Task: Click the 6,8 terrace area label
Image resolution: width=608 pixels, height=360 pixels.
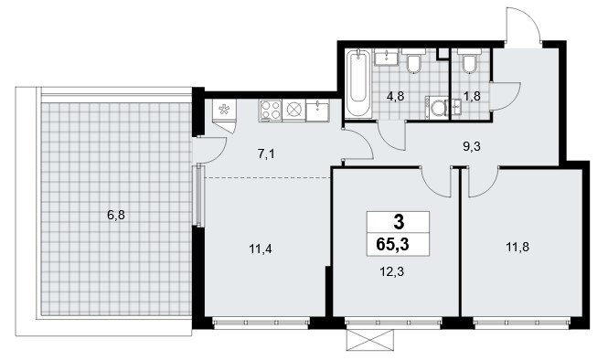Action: pyautogui.click(x=116, y=215)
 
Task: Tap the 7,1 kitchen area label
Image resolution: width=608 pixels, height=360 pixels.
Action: pyautogui.click(x=266, y=154)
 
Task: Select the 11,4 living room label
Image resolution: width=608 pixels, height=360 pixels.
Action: pyautogui.click(x=261, y=249)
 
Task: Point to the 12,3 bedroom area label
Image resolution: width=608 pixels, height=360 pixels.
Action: pyautogui.click(x=391, y=271)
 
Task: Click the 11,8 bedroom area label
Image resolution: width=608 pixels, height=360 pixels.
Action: pyautogui.click(x=517, y=247)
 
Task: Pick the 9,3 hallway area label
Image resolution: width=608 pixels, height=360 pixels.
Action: pyautogui.click(x=472, y=146)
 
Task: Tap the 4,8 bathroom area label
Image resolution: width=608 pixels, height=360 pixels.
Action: pyautogui.click(x=396, y=96)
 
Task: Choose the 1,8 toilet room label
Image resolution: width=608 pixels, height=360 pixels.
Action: pyautogui.click(x=472, y=96)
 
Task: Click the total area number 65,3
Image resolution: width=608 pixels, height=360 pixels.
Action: pyautogui.click(x=392, y=245)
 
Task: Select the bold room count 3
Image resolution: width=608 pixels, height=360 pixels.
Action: pyautogui.click(x=399, y=222)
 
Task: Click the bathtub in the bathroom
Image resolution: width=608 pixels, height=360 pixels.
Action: pyautogui.click(x=358, y=83)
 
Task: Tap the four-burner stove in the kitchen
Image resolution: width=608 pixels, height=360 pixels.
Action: pyautogui.click(x=271, y=110)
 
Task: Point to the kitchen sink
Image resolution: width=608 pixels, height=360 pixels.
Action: pyautogui.click(x=317, y=110)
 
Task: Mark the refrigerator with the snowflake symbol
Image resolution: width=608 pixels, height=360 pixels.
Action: pyautogui.click(x=224, y=111)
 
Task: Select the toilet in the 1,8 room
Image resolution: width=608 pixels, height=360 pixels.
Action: pyautogui.click(x=470, y=61)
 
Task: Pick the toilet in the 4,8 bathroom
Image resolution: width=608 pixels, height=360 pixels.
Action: pyautogui.click(x=414, y=61)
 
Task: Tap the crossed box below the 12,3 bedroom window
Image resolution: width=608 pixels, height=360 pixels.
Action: pyautogui.click(x=370, y=340)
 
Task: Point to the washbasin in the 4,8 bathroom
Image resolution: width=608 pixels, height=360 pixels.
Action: pyautogui.click(x=387, y=57)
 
